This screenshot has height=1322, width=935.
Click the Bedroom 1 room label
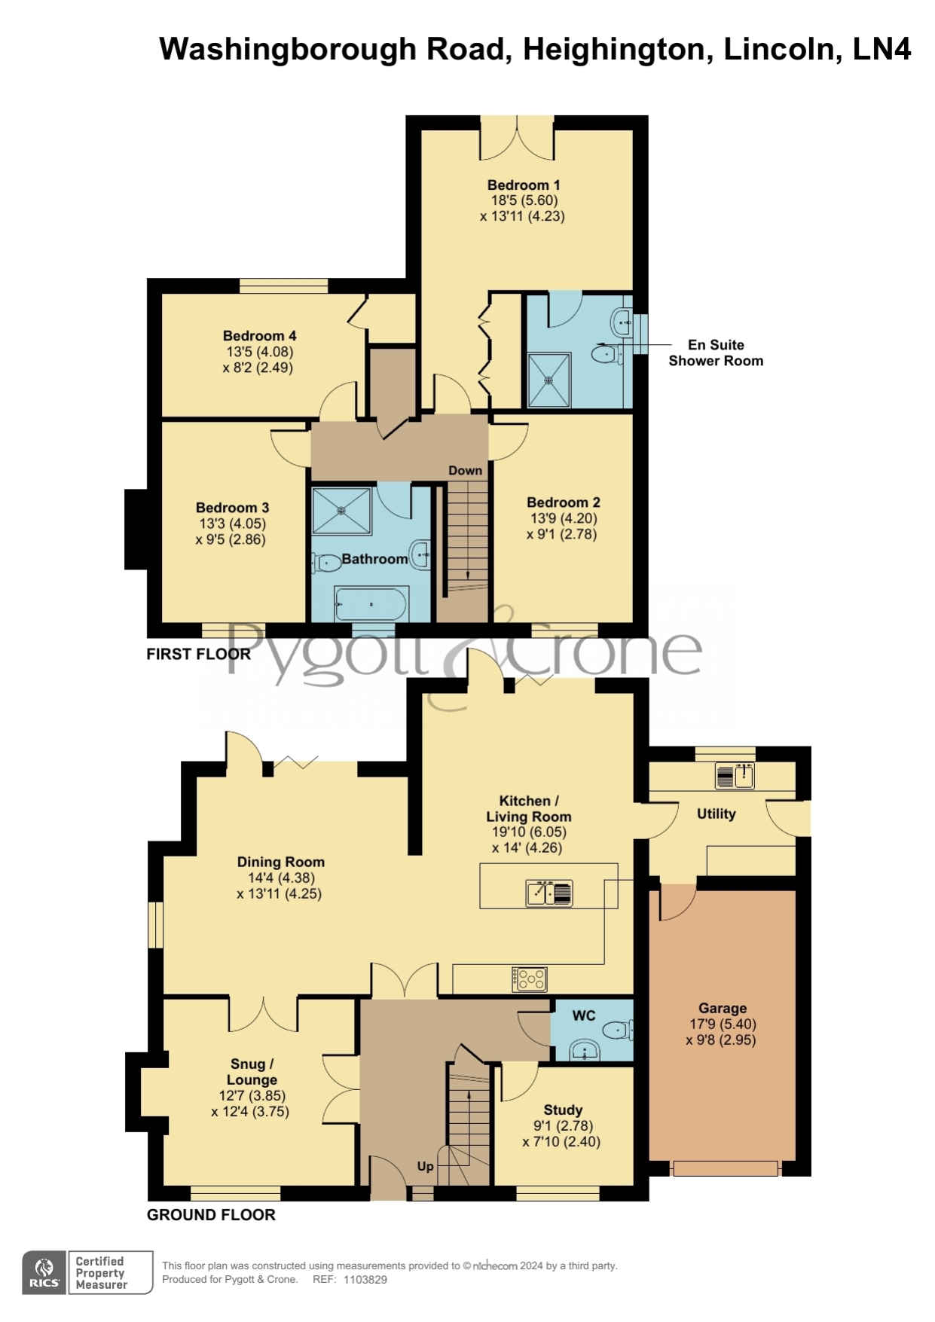(x=524, y=185)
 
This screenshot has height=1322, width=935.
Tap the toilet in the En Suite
(x=606, y=353)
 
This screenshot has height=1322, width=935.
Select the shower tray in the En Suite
(x=548, y=380)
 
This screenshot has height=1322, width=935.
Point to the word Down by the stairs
(x=465, y=471)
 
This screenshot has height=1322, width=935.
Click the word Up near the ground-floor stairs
(x=425, y=1166)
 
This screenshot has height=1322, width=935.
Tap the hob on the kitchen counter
(x=529, y=979)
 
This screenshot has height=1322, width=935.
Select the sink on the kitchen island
(x=549, y=893)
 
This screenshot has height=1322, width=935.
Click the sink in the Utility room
(x=734, y=776)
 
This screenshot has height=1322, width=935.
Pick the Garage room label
(x=723, y=1009)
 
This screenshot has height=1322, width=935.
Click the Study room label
(x=563, y=1110)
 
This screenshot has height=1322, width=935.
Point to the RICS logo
(x=45, y=1272)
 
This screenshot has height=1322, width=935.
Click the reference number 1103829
(x=365, y=1280)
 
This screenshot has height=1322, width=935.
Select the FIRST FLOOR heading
(x=199, y=654)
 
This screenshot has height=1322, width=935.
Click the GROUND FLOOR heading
(x=211, y=1215)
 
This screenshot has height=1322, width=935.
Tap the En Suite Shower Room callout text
(x=716, y=353)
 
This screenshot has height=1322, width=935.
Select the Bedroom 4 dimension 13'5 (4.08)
(x=260, y=352)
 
